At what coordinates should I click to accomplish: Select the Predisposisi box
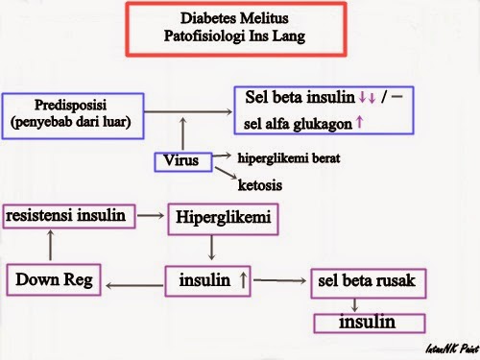73,112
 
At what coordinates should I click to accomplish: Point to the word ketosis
260,183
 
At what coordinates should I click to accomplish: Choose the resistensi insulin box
67,215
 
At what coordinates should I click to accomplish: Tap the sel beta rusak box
360,281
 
